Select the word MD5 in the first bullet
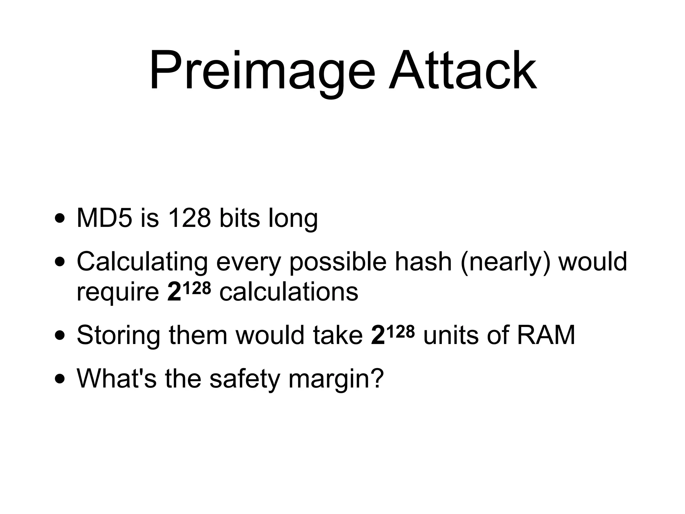(x=104, y=218)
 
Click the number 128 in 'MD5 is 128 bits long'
(x=189, y=218)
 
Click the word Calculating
(x=142, y=262)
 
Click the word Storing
(x=118, y=335)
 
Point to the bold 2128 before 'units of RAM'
(x=393, y=334)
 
